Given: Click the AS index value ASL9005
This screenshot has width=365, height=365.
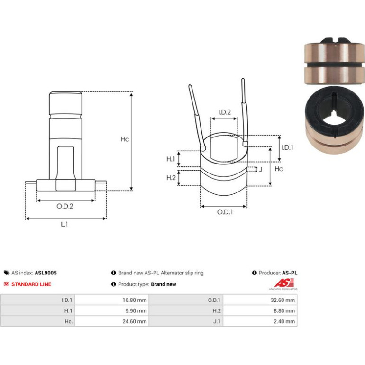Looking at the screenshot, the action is [x=46, y=273].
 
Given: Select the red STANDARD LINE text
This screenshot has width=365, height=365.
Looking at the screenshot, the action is [x=31, y=284].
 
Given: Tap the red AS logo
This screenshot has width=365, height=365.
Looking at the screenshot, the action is [x=284, y=283].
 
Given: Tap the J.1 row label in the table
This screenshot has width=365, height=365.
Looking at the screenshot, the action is [x=217, y=321].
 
